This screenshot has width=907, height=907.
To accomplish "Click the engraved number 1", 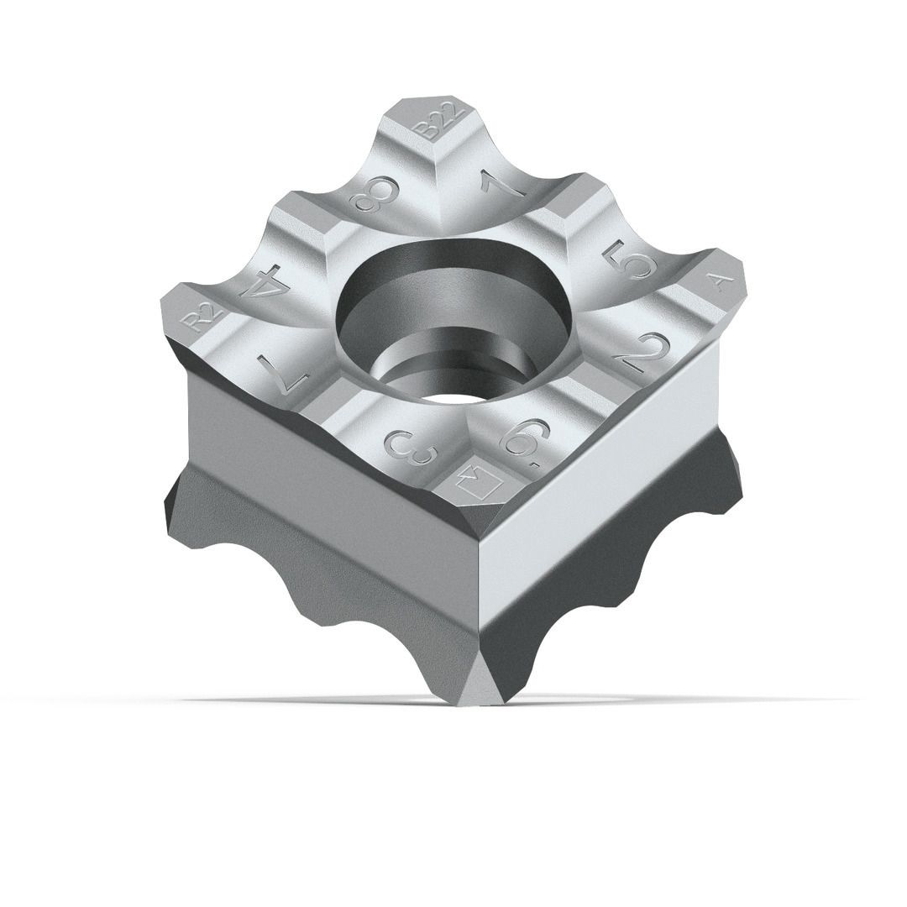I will coord(501,183).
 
